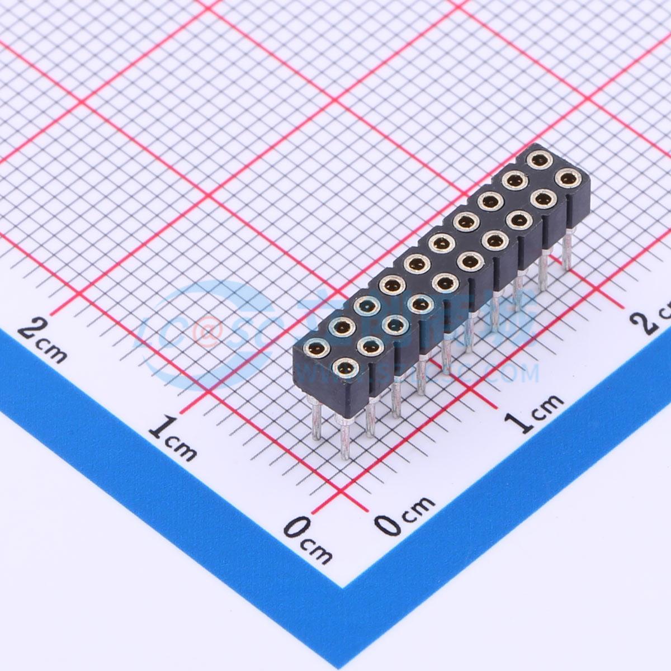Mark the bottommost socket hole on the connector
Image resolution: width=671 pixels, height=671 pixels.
346,368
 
